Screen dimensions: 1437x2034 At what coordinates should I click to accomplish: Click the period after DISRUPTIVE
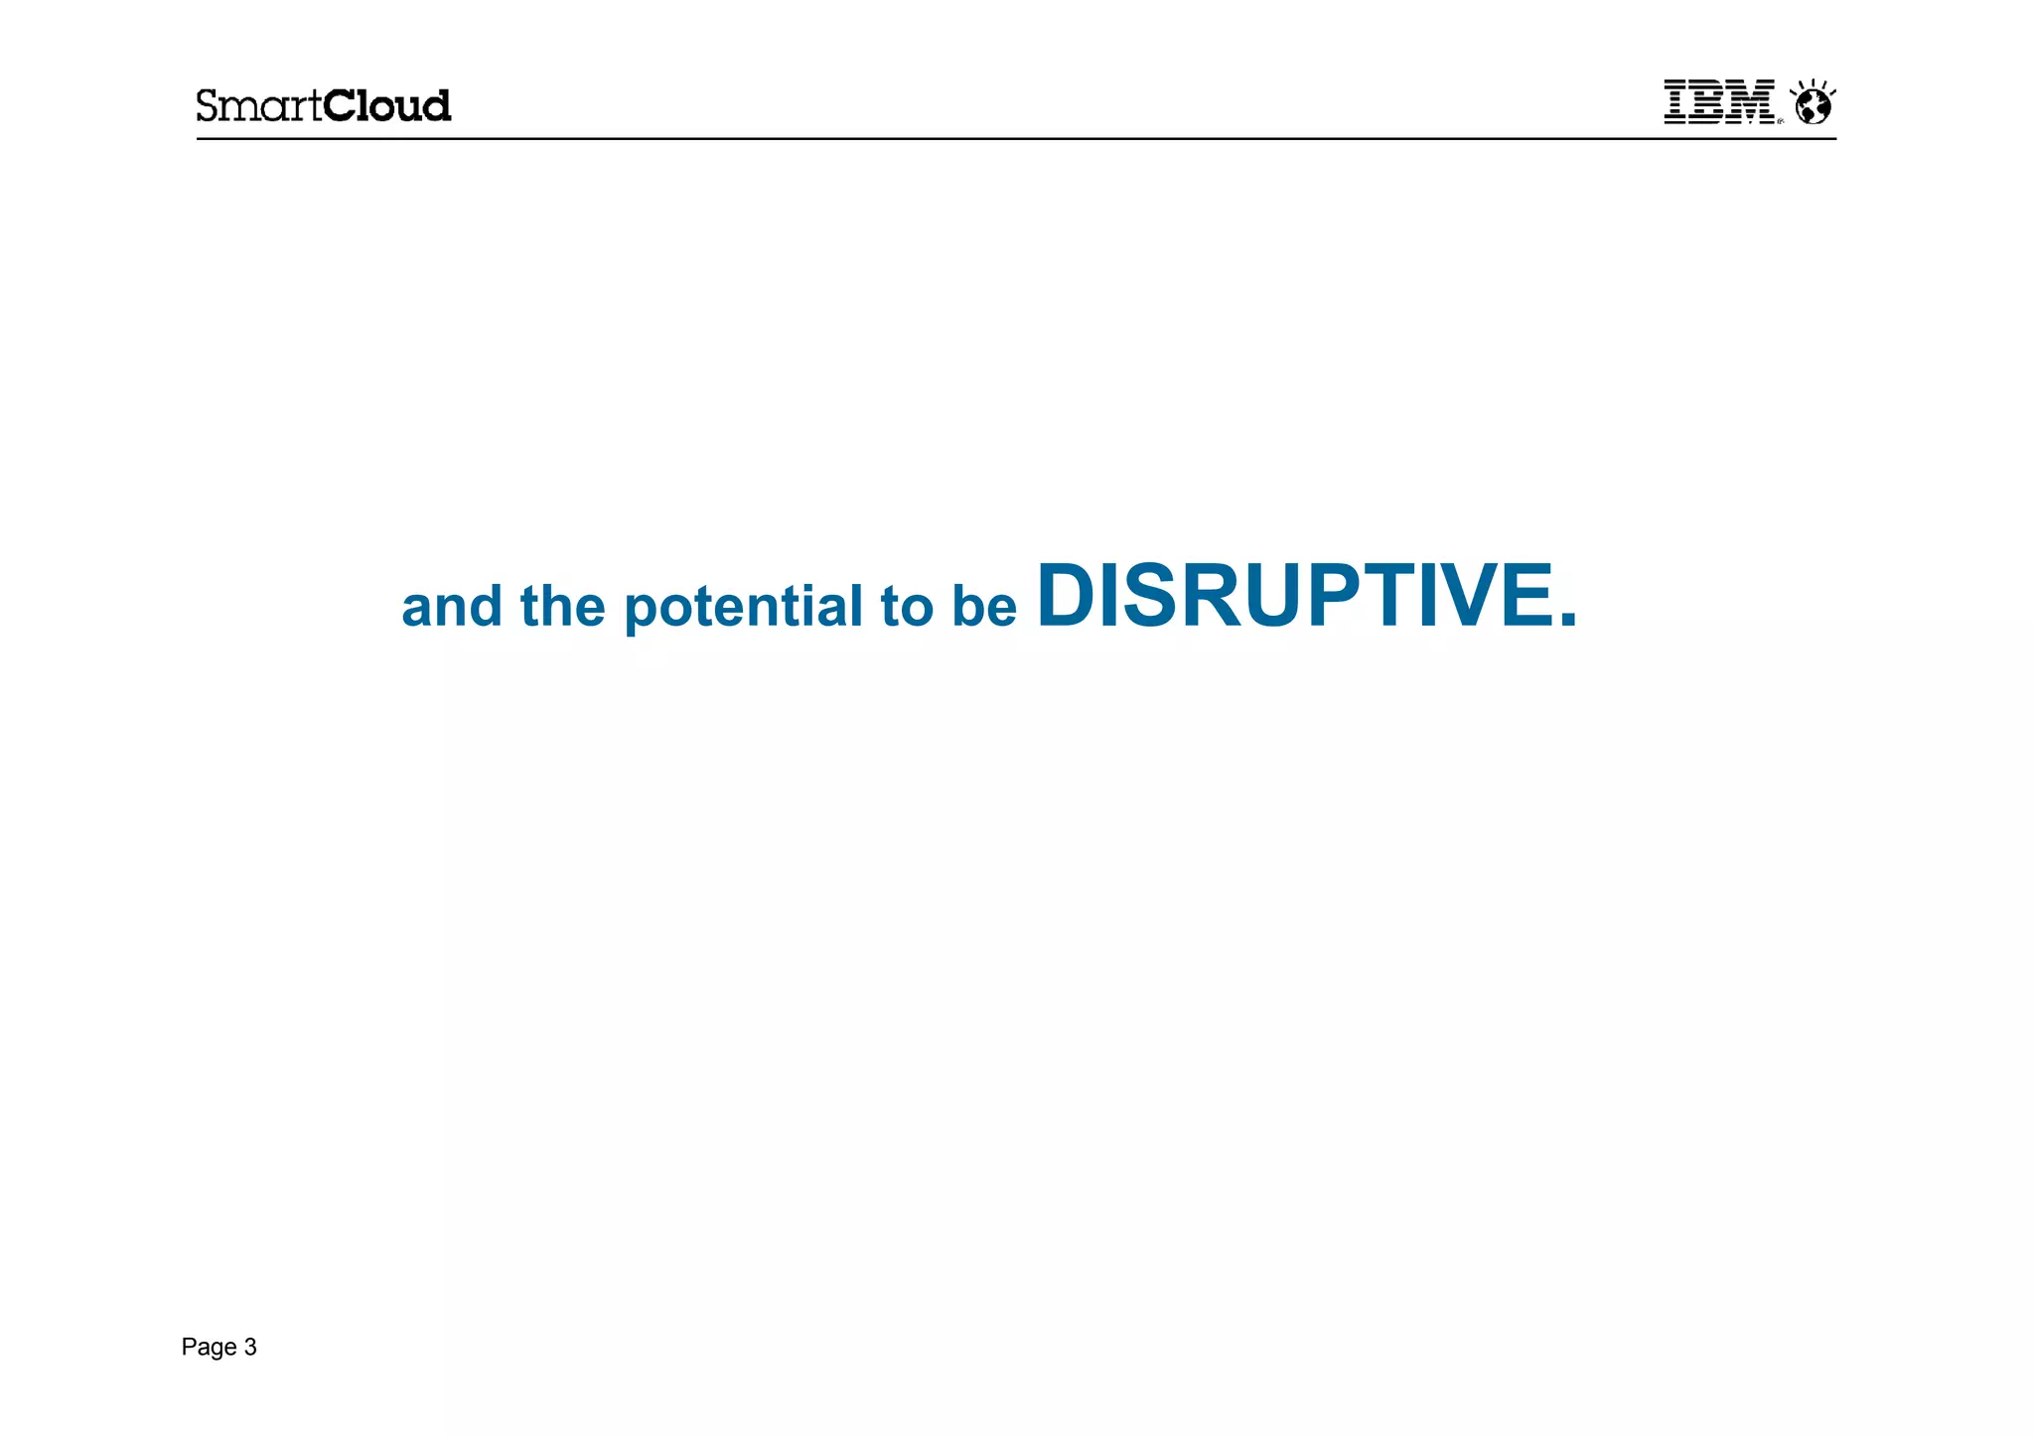1567,620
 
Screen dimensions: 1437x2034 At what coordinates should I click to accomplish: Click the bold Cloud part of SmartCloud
387,105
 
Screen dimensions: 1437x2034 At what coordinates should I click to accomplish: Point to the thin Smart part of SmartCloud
259,105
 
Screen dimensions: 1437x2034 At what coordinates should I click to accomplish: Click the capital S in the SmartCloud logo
208,105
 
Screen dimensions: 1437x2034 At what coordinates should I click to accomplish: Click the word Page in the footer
209,1348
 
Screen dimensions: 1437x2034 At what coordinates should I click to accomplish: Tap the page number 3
250,1348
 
